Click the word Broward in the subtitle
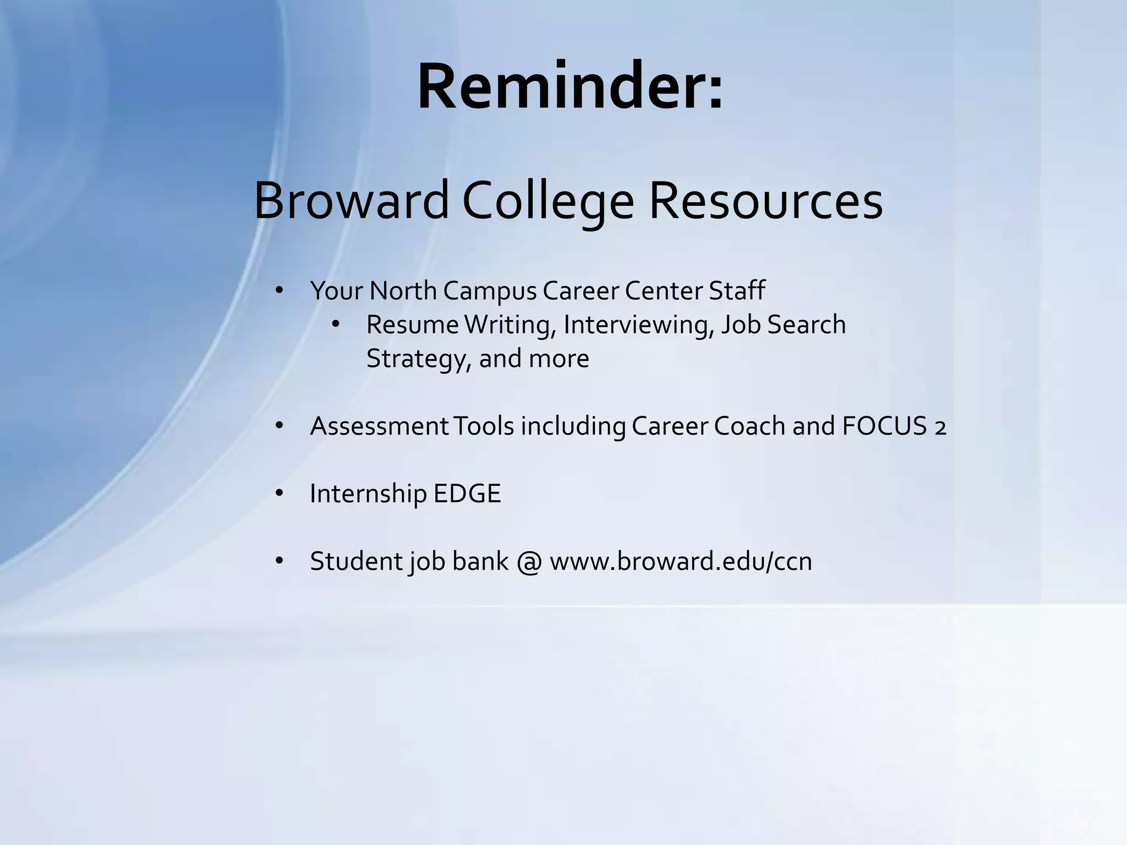click(352, 201)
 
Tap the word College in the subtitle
click(548, 202)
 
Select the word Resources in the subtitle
click(766, 201)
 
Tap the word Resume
click(412, 325)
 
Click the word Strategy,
click(419, 359)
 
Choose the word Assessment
click(379, 426)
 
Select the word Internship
click(368, 493)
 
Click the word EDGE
click(467, 493)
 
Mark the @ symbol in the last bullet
click(529, 562)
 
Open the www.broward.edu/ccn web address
click(681, 561)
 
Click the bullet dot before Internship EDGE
click(279, 493)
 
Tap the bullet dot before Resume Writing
click(336, 324)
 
